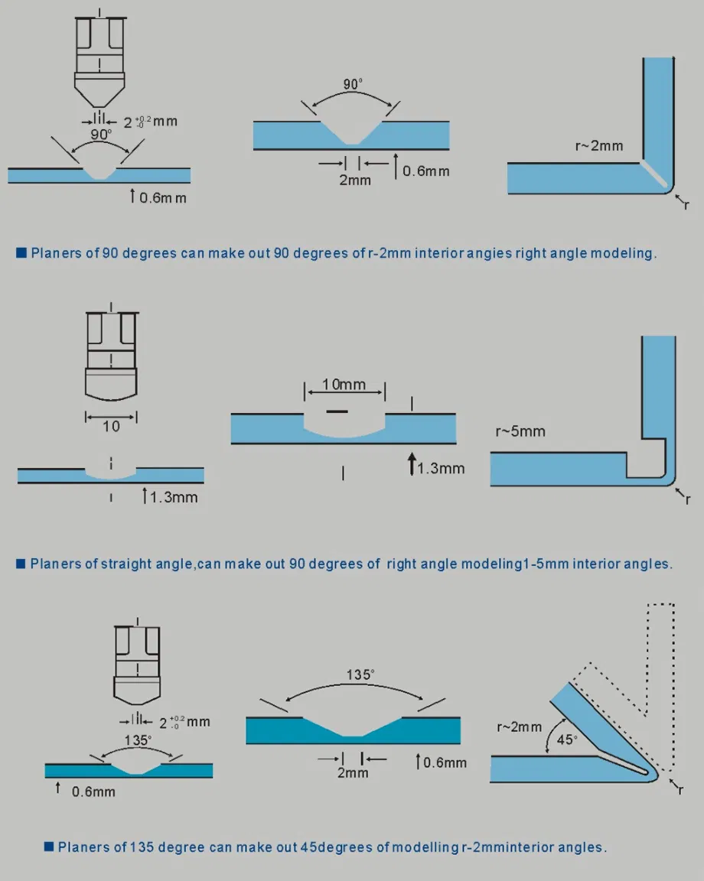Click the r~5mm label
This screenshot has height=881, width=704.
click(x=520, y=431)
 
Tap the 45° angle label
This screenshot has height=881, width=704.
click(x=567, y=740)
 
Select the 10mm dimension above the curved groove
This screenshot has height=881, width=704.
click(x=344, y=384)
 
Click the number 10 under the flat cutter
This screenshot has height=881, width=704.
click(x=111, y=427)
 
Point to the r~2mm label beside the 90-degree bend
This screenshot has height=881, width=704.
click(x=599, y=145)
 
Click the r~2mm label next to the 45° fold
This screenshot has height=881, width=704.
click(x=520, y=727)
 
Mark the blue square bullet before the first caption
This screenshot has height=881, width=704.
click(x=21, y=252)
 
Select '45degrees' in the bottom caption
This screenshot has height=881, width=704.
click(x=348, y=847)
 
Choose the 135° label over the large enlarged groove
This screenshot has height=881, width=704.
click(x=360, y=675)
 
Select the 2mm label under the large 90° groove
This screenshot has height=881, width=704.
click(x=354, y=180)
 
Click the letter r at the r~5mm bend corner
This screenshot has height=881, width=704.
click(x=687, y=500)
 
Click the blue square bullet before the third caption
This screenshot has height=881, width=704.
click(x=49, y=846)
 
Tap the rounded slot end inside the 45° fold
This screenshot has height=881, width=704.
click(x=651, y=774)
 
